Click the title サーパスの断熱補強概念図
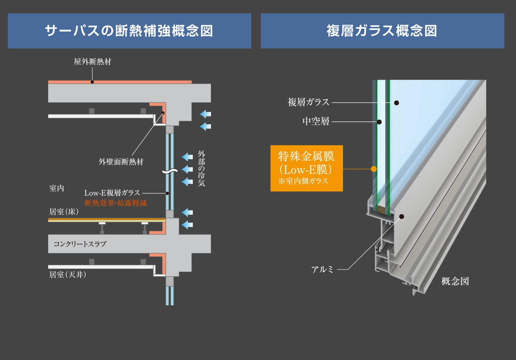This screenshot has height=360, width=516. [x=129, y=31]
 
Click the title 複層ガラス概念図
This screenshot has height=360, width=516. [x=382, y=31]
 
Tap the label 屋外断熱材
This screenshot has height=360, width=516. [x=93, y=62]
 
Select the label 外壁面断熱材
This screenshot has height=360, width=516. [x=121, y=162]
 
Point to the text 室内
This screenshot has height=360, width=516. [x=57, y=188]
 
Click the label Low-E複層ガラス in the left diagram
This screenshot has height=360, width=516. [x=112, y=193]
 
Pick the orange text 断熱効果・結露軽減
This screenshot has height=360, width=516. [x=116, y=203]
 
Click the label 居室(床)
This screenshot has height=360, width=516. [x=64, y=212]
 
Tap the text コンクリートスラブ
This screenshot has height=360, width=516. [x=80, y=244]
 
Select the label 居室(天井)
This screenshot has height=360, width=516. [x=68, y=274]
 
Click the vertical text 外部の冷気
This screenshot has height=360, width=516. [x=201, y=168]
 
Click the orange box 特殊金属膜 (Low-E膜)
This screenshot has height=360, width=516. [x=306, y=168]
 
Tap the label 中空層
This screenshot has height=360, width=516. [x=316, y=122]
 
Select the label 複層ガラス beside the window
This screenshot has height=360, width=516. [x=309, y=102]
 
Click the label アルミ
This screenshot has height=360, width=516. [x=322, y=270]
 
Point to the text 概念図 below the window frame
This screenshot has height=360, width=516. [x=455, y=282]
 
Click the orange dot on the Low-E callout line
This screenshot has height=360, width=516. [x=374, y=169]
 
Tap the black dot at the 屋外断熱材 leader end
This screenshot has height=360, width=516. [x=92, y=82]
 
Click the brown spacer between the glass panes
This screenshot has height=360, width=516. [x=382, y=210]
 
